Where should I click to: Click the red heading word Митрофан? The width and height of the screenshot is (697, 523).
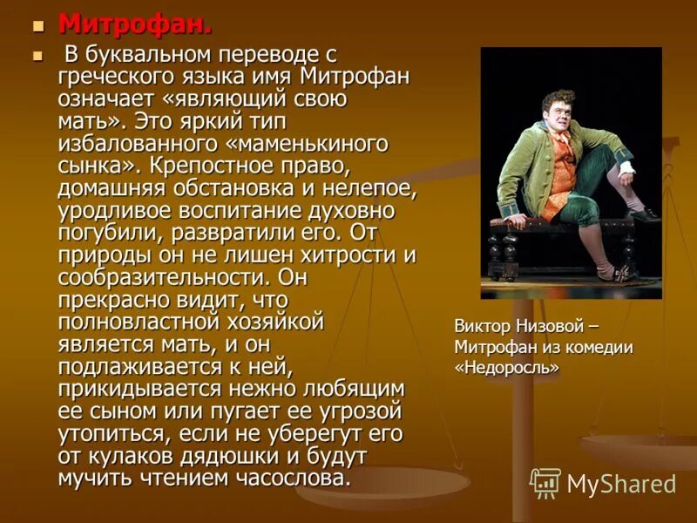pyautogui.click(x=134, y=24)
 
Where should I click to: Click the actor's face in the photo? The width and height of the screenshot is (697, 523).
pyautogui.click(x=556, y=109)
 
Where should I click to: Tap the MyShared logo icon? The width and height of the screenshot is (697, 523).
pyautogui.click(x=545, y=483)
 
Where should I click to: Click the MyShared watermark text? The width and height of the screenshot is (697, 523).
pyautogui.click(x=621, y=484)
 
